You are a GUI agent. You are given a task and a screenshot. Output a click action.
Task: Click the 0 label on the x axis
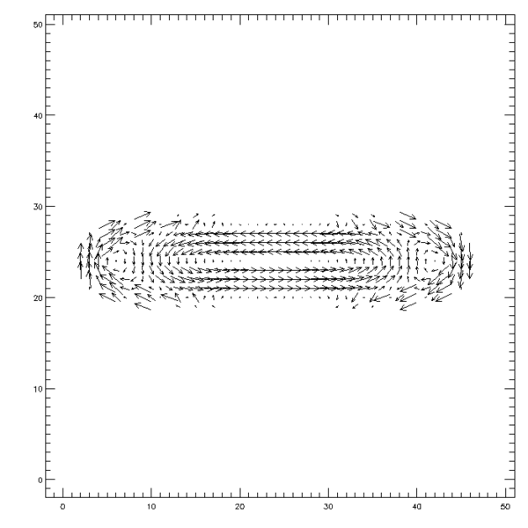pyautogui.click(x=62, y=507)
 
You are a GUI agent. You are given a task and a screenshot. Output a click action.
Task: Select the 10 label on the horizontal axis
pyautogui.click(x=151, y=507)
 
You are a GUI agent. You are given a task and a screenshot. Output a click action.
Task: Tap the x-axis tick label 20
pyautogui.click(x=239, y=507)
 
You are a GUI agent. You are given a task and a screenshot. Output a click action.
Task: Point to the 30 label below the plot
pyautogui.click(x=328, y=507)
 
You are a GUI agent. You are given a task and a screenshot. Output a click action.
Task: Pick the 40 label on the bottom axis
pyautogui.click(x=417, y=507)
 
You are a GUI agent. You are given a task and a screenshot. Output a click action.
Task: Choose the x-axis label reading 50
pyautogui.click(x=505, y=507)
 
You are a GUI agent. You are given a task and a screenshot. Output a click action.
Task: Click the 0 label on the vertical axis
pyautogui.click(x=40, y=480)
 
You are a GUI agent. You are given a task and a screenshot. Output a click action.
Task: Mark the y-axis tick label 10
pyautogui.click(x=38, y=389)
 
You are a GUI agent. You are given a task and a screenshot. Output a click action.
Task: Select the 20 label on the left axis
pyautogui.click(x=38, y=297)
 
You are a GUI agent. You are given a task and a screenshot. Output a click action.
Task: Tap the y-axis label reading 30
pyautogui.click(x=38, y=207)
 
